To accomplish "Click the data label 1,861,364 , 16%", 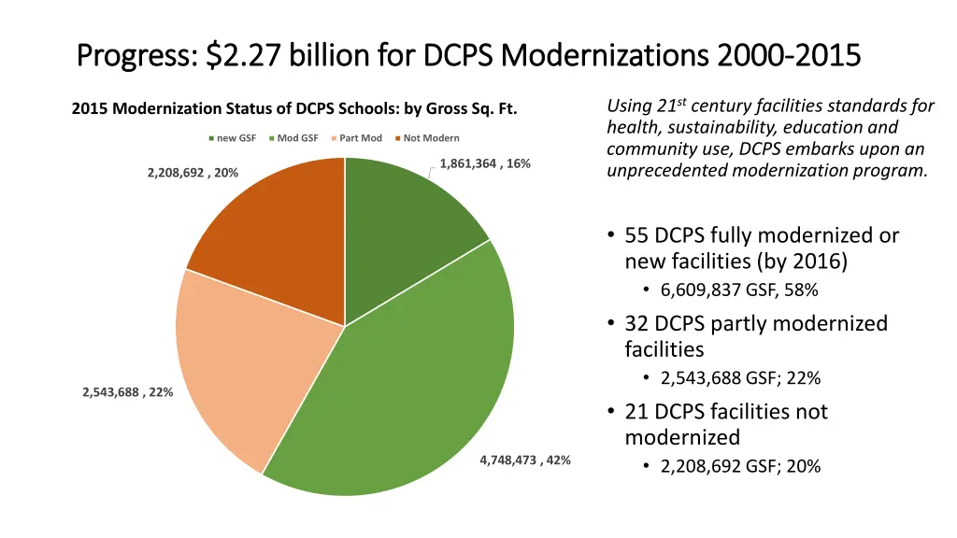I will [485, 163].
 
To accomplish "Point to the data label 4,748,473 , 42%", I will [524, 460].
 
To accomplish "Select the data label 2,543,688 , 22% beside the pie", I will [127, 391].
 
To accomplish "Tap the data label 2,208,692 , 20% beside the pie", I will [193, 172].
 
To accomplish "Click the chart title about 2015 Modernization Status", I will [294, 110].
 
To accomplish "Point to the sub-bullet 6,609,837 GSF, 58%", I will [739, 290].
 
